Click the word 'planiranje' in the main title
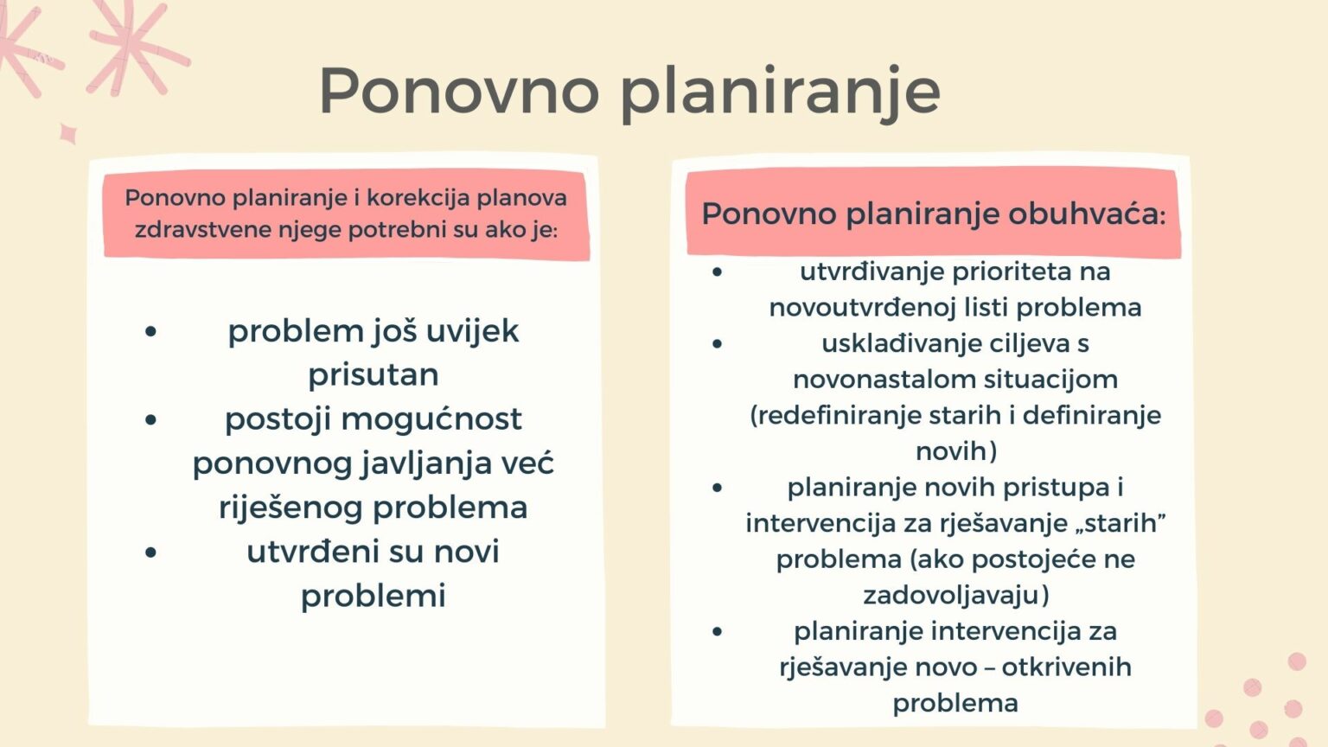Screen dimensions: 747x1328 tap(780, 92)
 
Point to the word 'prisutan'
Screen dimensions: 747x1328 tap(373, 374)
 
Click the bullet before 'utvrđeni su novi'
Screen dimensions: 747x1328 tap(151, 552)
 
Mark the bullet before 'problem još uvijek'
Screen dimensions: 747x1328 tap(151, 331)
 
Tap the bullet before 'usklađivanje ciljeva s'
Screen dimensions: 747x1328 tap(717, 344)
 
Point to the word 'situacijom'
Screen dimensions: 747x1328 tap(1043, 380)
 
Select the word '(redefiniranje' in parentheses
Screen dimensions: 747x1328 tap(835, 415)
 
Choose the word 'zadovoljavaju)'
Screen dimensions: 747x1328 tap(956, 595)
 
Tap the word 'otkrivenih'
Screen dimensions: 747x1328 tap(1066, 667)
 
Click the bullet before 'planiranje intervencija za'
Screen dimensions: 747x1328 tap(717, 631)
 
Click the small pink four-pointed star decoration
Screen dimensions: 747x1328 tap(67, 134)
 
